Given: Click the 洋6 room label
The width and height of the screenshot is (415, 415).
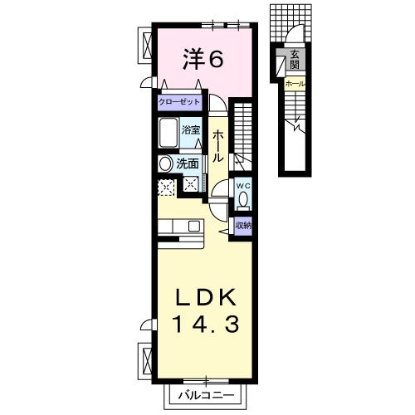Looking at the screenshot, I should click(203, 59).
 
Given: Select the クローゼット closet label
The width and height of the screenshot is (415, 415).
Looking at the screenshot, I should click(180, 102).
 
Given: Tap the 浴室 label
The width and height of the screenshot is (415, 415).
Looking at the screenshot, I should click(191, 131).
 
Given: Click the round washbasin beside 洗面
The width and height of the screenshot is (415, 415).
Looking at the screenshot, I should click(165, 164).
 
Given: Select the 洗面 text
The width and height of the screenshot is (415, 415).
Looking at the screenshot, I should click(187, 164).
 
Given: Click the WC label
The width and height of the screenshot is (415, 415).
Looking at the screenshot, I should click(243, 186).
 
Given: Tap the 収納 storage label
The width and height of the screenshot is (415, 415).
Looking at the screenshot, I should click(243, 225).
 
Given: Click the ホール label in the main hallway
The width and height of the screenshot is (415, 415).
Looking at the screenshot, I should click(217, 145).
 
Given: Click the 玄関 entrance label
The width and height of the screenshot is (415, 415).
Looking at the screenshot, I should click(295, 60).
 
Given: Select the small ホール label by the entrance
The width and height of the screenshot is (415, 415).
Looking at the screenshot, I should click(295, 84).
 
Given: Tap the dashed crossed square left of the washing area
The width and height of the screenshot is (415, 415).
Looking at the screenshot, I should click(166, 187).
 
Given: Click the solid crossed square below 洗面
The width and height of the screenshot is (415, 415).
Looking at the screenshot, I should click(193, 185).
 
